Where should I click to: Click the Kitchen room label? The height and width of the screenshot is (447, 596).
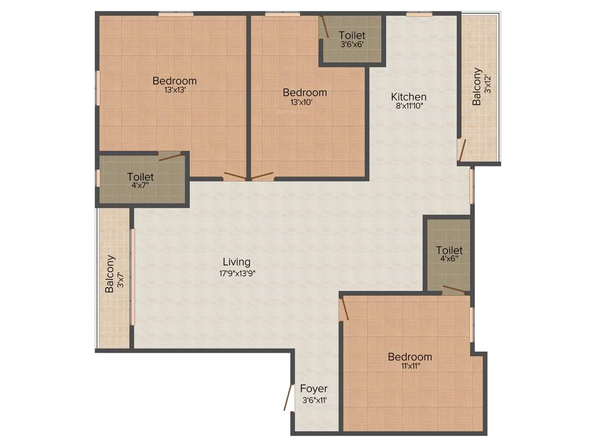click(409, 97)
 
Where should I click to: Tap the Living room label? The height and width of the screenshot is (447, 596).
click(236, 262)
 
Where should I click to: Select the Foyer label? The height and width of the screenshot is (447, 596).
click(314, 389)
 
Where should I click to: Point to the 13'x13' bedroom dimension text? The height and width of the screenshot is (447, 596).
click(174, 90)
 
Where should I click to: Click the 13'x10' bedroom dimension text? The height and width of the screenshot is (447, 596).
click(301, 102)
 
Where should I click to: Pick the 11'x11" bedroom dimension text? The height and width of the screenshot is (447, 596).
click(409, 367)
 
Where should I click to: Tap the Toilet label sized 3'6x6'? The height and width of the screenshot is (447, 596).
click(352, 35)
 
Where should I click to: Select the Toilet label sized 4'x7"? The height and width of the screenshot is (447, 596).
click(140, 177)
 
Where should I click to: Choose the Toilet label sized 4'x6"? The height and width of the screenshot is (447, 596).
click(449, 250)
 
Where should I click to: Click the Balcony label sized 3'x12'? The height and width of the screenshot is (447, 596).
click(477, 87)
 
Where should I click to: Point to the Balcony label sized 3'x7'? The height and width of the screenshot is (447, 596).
click(109, 274)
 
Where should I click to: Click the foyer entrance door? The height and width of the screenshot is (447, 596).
click(288, 397)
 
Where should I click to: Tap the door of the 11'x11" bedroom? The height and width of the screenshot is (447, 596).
click(344, 308)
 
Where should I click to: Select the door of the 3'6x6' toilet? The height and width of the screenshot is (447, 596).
click(324, 27)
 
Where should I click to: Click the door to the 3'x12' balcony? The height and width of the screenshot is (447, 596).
click(462, 150)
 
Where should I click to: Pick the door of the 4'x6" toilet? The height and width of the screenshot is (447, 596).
click(453, 289)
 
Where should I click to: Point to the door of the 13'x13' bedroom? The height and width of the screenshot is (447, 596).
click(235, 176)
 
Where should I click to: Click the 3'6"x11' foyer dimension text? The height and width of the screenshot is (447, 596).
click(315, 400)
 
